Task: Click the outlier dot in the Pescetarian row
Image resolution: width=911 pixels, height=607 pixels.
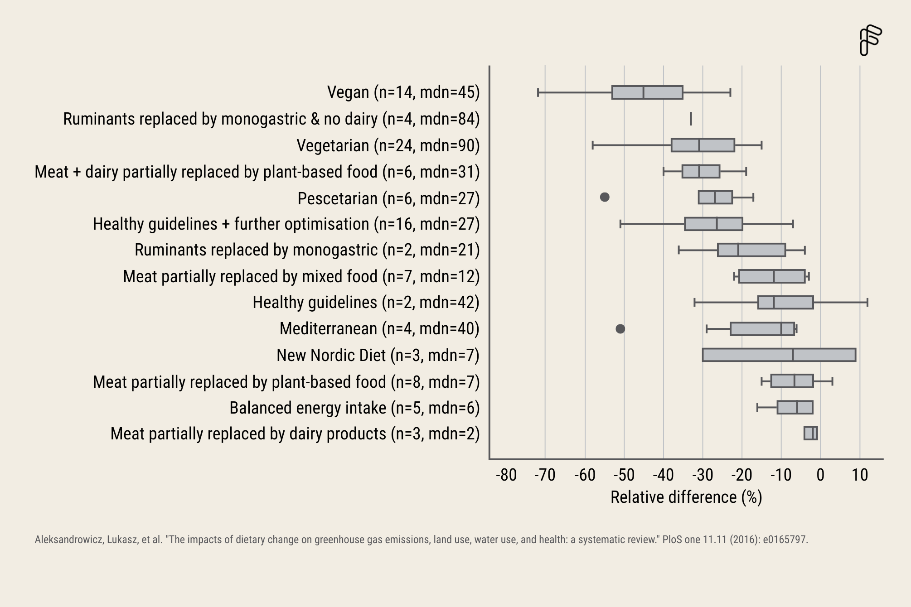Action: pos(605,197)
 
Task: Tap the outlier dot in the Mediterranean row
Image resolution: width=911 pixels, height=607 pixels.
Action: pos(620,329)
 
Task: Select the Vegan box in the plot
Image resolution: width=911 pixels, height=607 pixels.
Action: pos(647,92)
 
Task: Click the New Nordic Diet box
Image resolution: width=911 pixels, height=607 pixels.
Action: pos(779,355)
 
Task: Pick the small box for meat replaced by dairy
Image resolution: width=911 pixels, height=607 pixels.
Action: pos(810,434)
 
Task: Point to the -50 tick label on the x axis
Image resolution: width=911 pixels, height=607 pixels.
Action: pos(624,475)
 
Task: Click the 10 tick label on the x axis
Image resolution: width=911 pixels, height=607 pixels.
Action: pos(860,475)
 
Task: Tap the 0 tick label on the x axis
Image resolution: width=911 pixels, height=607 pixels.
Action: pos(820,475)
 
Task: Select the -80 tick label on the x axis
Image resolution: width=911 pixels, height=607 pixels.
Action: pos(506,475)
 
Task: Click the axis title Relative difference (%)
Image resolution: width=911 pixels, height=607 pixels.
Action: pos(686,497)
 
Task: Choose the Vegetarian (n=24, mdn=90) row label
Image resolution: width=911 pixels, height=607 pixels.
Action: pos(388,146)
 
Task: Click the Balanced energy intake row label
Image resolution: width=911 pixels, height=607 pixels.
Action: pos(354,408)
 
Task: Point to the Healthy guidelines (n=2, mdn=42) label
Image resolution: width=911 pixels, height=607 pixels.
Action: pos(366,303)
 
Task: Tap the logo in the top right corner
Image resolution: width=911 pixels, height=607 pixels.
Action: pos(871,40)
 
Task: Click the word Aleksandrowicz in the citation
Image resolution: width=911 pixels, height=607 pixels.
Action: pos(69,540)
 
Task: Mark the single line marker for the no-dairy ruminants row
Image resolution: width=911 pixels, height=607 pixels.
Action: pos(691,119)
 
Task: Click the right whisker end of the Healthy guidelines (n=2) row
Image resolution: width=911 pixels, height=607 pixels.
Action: pos(867,303)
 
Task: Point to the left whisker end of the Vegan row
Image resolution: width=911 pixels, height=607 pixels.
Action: pos(538,92)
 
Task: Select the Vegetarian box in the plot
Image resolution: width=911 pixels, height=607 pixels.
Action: pos(703,145)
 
